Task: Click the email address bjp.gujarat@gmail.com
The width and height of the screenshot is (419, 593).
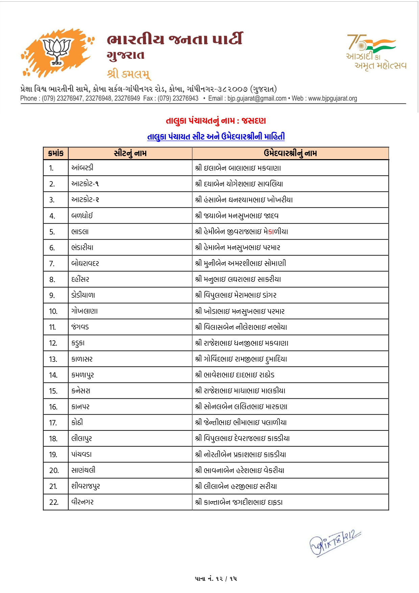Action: pos(257,98)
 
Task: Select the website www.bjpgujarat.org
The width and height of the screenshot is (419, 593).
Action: pos(332,98)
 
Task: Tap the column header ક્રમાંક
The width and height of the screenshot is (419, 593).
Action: pos(56,153)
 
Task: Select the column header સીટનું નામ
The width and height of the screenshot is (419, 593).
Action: pos(130,153)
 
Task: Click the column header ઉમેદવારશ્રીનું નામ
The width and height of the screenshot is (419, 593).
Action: pos(290,153)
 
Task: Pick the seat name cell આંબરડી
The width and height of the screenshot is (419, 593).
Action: pos(82,168)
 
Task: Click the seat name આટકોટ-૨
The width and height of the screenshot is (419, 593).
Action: pos(85,200)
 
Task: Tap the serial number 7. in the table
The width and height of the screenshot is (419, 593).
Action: pos(52,264)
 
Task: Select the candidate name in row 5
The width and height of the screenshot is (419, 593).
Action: pos(242,232)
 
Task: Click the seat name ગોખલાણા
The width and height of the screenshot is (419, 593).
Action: pos(84,311)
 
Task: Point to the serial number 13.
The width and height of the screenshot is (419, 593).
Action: pos(53,359)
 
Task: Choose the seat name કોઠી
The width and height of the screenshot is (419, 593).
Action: pos(77,422)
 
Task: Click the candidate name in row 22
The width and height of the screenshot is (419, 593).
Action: pos(239,502)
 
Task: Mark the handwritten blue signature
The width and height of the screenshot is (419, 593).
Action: pos(335,543)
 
